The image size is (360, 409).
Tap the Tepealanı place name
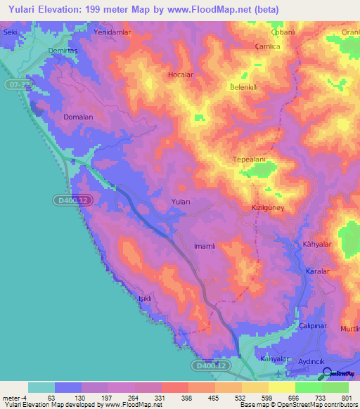click(250, 160)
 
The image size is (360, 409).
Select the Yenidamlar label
click(113, 32)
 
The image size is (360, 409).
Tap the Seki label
click(10, 32)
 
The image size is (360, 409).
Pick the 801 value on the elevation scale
click(345, 398)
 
